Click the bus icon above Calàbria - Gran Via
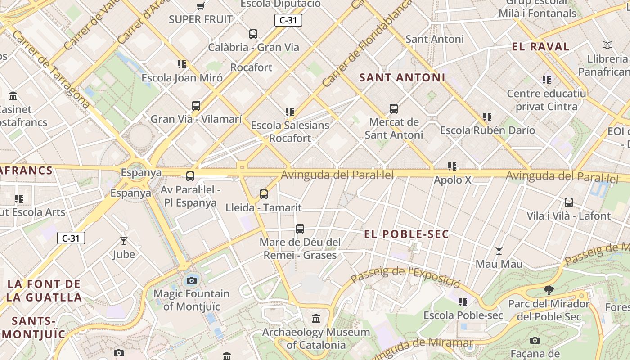(253, 34)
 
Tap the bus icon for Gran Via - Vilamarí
(196, 106)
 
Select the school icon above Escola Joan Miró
(182, 64)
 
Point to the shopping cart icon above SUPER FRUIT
(201, 6)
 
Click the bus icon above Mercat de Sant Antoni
(394, 108)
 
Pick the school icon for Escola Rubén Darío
(487, 117)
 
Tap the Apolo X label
(452, 180)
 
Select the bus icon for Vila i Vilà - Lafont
(569, 202)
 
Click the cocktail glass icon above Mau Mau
(499, 250)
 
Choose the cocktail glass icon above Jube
(124, 241)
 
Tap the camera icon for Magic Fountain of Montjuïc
(192, 281)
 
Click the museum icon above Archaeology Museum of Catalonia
(316, 319)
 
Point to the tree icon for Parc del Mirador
(549, 290)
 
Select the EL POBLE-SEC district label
(406, 234)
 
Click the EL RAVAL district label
(541, 47)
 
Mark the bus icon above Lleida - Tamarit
(264, 194)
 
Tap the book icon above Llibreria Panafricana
(607, 45)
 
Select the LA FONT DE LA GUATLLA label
(44, 291)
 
